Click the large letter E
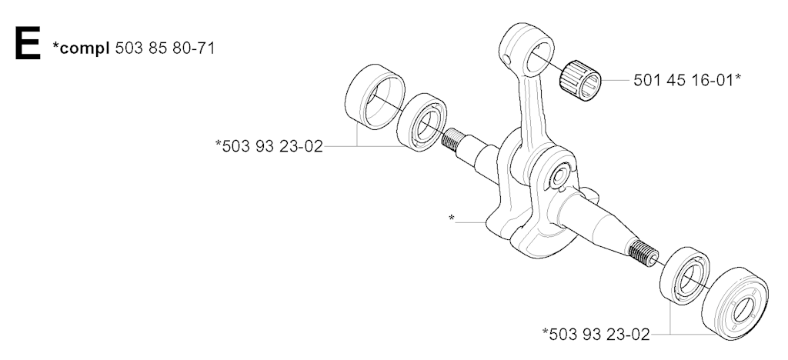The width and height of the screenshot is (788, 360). [28, 44]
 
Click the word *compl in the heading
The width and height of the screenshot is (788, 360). [81, 48]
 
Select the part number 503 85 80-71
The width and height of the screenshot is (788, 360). [165, 48]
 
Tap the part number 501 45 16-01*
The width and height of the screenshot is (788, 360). [687, 80]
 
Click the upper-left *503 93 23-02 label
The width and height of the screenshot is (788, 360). [269, 146]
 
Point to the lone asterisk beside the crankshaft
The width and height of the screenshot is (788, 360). [452, 218]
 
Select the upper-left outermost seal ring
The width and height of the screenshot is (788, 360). [376, 96]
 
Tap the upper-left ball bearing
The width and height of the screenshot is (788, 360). [422, 121]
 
